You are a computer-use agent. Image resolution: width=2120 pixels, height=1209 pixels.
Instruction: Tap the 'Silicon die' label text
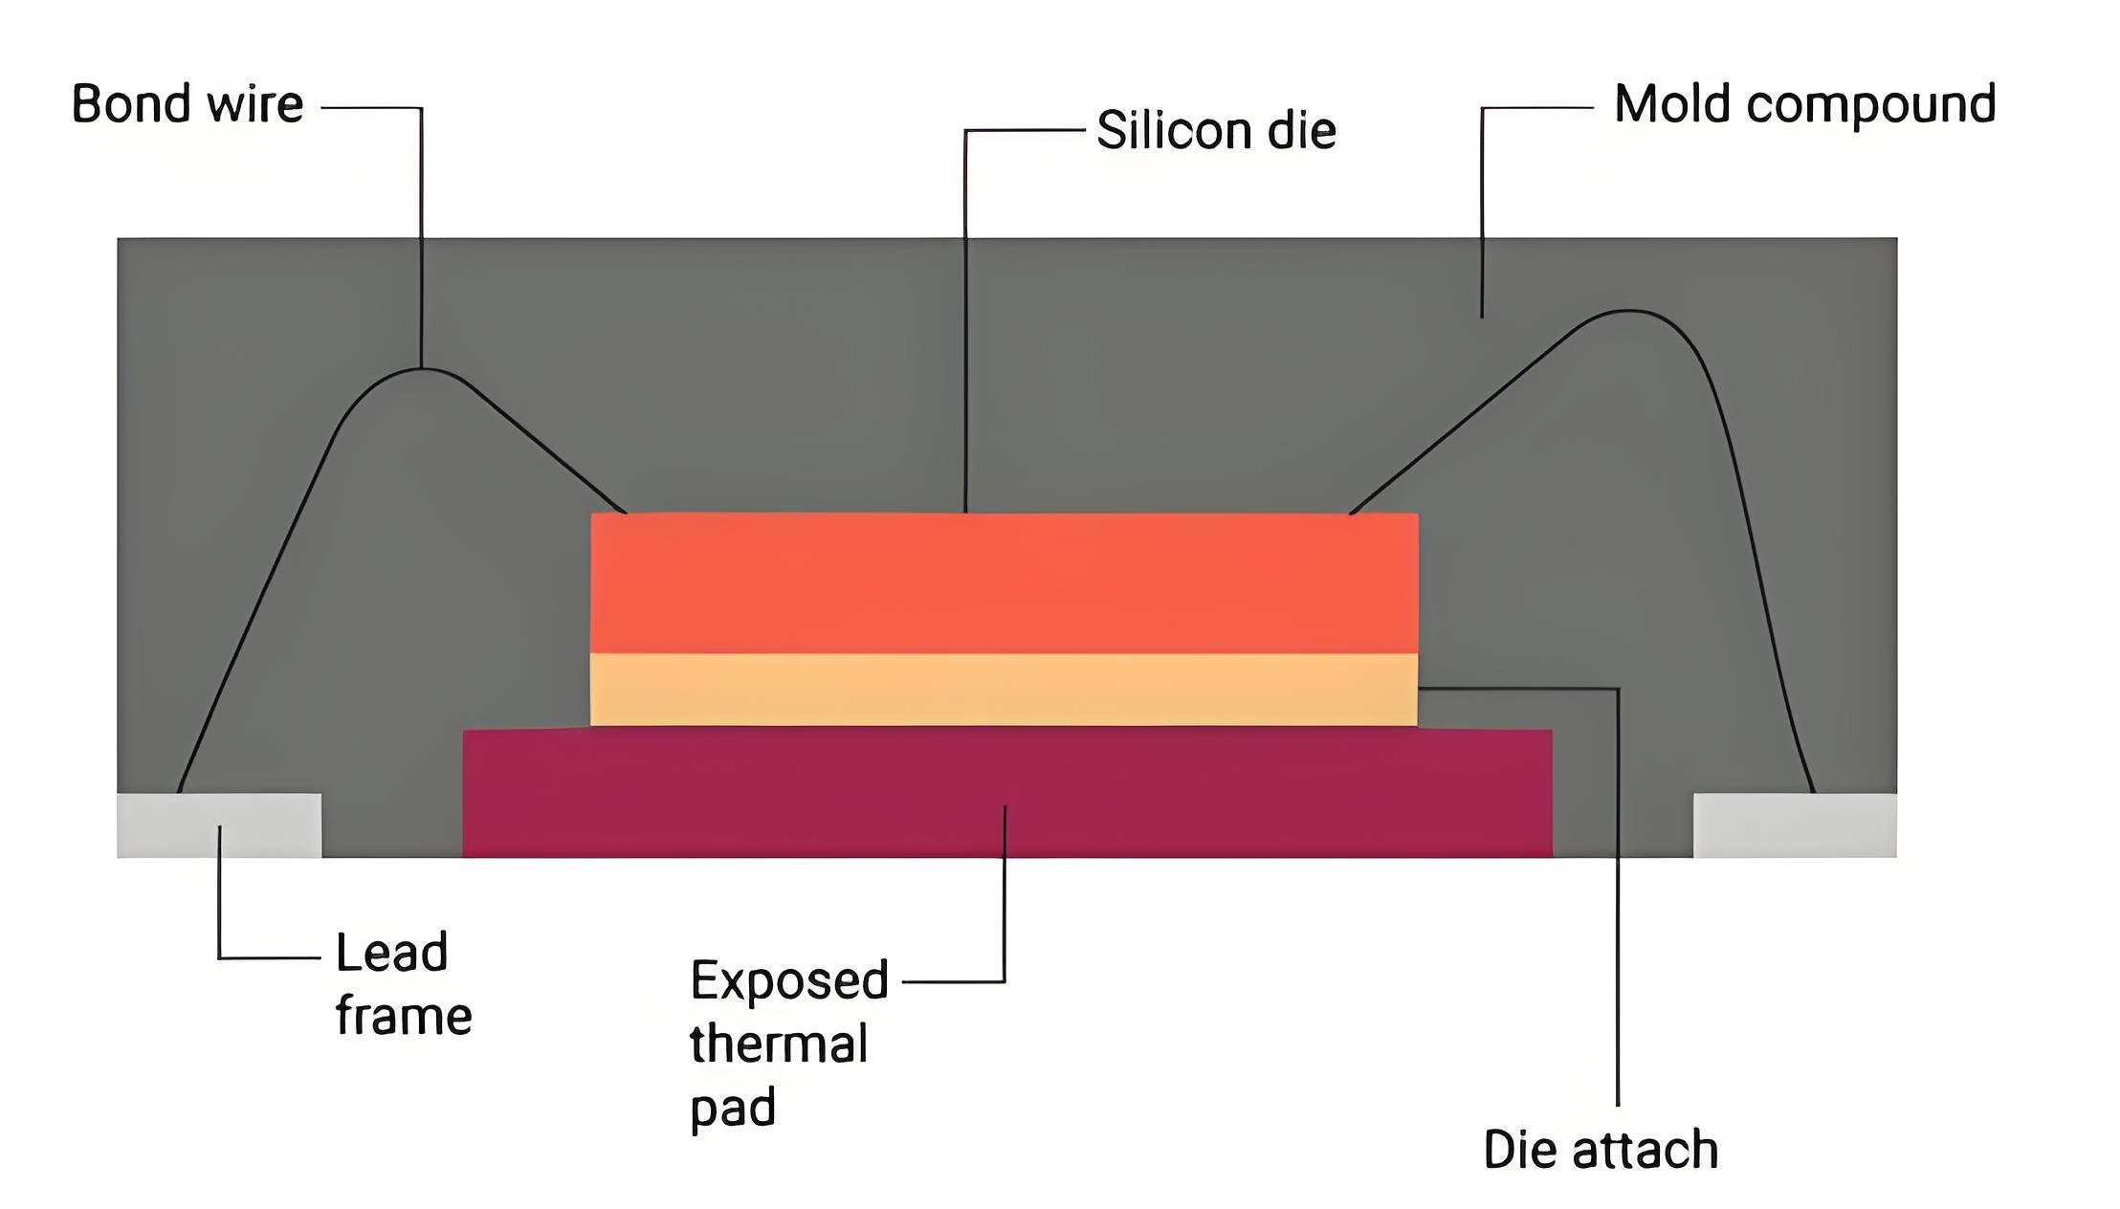[x=1216, y=129]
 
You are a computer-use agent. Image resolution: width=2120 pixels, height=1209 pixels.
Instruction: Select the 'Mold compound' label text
[x=1805, y=105]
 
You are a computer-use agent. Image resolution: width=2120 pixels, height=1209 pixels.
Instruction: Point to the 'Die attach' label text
[x=1601, y=1149]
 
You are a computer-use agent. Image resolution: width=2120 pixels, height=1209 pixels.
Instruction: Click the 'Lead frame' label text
[x=404, y=983]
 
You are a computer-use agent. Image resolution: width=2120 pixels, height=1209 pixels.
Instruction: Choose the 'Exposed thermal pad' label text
[x=789, y=1044]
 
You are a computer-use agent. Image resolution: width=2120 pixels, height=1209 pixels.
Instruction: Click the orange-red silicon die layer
[x=1005, y=583]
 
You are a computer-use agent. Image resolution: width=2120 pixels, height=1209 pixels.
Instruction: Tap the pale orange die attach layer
[x=1005, y=690]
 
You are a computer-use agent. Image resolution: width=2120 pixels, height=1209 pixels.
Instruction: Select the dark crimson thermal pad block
[x=1007, y=793]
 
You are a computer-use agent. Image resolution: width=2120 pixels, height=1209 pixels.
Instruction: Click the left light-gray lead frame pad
[x=219, y=825]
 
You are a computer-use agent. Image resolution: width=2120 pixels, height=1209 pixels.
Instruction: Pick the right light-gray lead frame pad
[x=1795, y=825]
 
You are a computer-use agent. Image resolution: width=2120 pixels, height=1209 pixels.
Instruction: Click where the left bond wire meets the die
[x=626, y=513]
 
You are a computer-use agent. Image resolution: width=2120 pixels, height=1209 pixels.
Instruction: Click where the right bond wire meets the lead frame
[x=1814, y=792]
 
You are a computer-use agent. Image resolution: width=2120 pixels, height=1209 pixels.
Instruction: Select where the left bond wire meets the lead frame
[x=179, y=792]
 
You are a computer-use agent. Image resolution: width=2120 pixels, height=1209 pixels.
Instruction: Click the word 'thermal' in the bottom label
[x=779, y=1044]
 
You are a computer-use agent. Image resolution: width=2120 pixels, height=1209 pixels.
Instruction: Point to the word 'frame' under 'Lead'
[x=404, y=1016]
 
